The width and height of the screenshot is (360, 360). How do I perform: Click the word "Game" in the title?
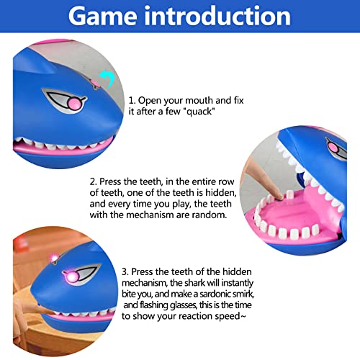pos(103,17)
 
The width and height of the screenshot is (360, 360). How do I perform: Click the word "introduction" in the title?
pos(218,16)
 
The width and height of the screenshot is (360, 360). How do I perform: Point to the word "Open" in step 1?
pos(150,101)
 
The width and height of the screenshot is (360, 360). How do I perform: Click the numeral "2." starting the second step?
pos(94,181)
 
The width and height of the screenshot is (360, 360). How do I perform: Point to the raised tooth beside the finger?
pos(289,194)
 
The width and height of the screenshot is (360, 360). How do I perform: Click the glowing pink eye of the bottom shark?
pos(72,277)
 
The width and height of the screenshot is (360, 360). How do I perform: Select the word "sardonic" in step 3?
pos(216,294)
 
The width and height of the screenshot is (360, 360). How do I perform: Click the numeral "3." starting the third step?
pos(125,272)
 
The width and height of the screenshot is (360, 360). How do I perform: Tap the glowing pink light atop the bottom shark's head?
pos(54,258)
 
